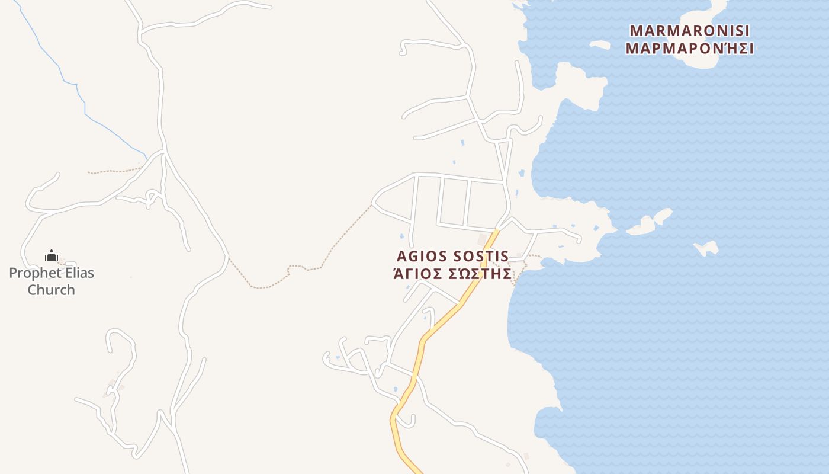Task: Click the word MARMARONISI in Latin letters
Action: point(689,30)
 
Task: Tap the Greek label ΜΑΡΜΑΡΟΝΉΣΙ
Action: point(689,49)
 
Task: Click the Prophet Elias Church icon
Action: point(52,256)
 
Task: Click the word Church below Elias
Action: point(52,290)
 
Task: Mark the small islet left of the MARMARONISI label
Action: point(599,45)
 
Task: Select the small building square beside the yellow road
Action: point(482,239)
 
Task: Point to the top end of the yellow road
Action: point(497,230)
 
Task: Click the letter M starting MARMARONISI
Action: point(636,30)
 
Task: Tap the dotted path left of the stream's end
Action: point(113,171)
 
